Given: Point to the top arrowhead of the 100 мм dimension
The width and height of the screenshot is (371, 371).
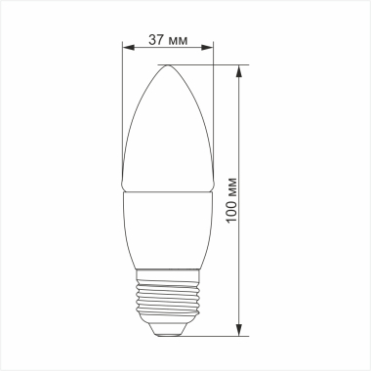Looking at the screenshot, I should click(241, 69).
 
